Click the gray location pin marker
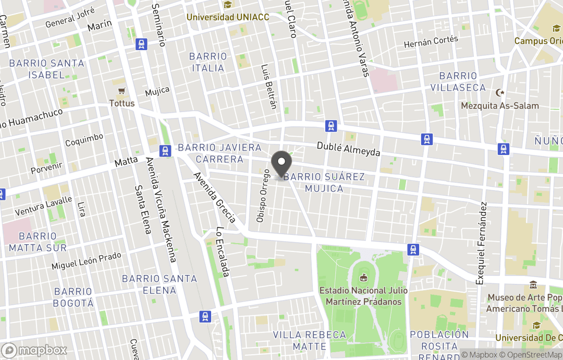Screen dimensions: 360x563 281,163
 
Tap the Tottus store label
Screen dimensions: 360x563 122,103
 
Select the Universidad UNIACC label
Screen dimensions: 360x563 228,17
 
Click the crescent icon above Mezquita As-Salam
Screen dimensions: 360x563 500,93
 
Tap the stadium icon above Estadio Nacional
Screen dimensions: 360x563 364,277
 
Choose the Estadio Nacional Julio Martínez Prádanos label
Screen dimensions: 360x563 364,296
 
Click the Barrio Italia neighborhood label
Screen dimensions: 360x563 208,62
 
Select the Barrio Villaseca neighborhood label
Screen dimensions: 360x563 458,82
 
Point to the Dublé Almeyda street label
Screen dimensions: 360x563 349,149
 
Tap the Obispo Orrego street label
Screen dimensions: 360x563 263,196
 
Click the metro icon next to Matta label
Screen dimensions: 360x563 166,151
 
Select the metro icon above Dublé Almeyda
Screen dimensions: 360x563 331,126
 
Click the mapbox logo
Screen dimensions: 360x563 34,350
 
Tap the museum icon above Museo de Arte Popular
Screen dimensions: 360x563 533,285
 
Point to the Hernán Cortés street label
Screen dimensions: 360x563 431,42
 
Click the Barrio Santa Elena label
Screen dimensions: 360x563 160,284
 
